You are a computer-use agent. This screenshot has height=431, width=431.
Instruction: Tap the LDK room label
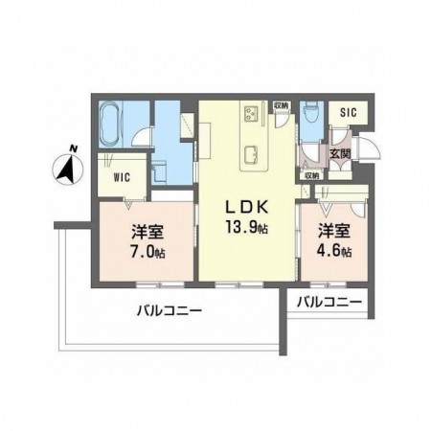245,206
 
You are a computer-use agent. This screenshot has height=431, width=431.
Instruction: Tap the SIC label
348,112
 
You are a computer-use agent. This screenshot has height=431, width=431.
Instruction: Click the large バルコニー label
168,310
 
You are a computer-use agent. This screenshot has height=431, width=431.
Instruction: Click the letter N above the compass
73,148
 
